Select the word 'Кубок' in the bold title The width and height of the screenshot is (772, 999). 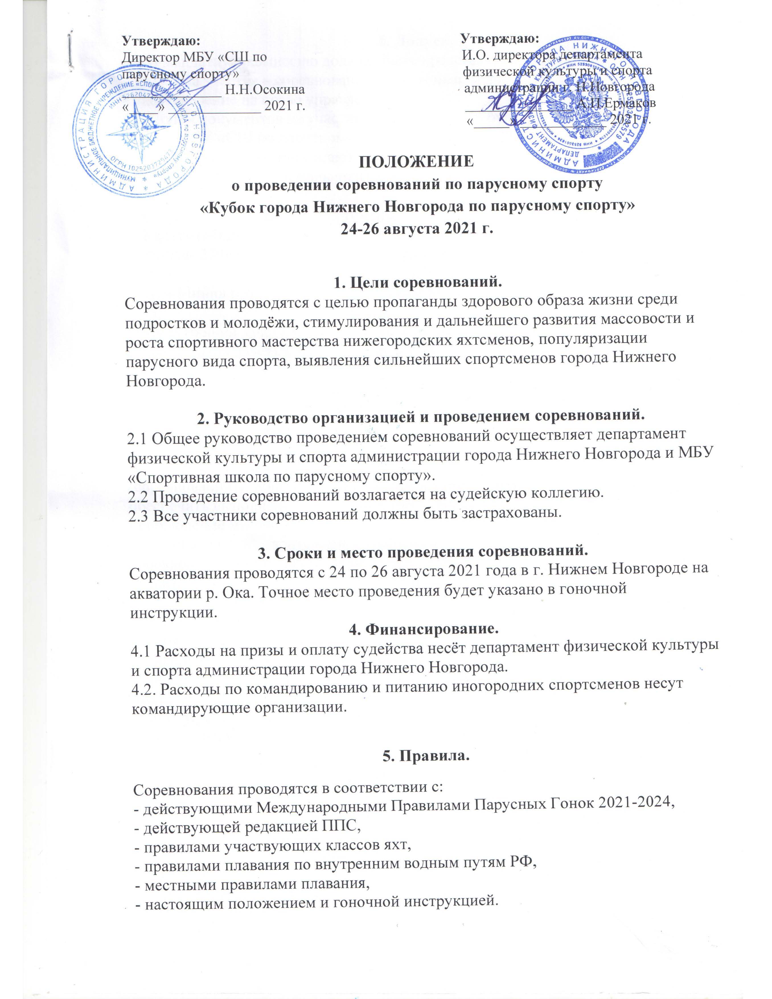[x=231, y=206]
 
